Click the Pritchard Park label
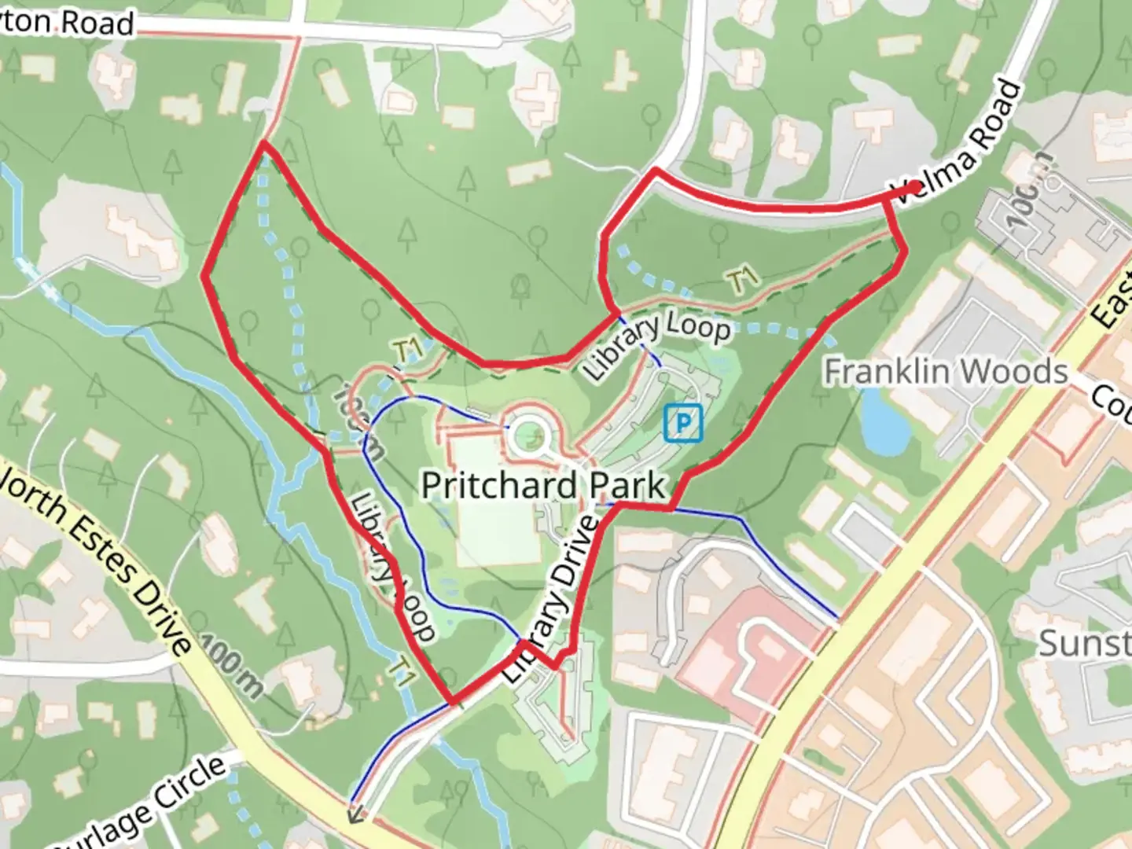(543, 485)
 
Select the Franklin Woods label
(946, 371)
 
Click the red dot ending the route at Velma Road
(915, 187)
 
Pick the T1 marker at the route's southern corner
(403, 673)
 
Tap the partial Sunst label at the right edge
(1084, 643)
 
